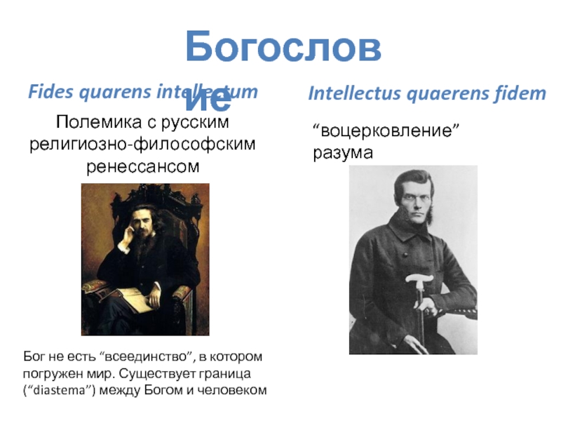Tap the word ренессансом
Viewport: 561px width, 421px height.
click(x=142, y=167)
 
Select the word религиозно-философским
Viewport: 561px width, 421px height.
click(x=142, y=145)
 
